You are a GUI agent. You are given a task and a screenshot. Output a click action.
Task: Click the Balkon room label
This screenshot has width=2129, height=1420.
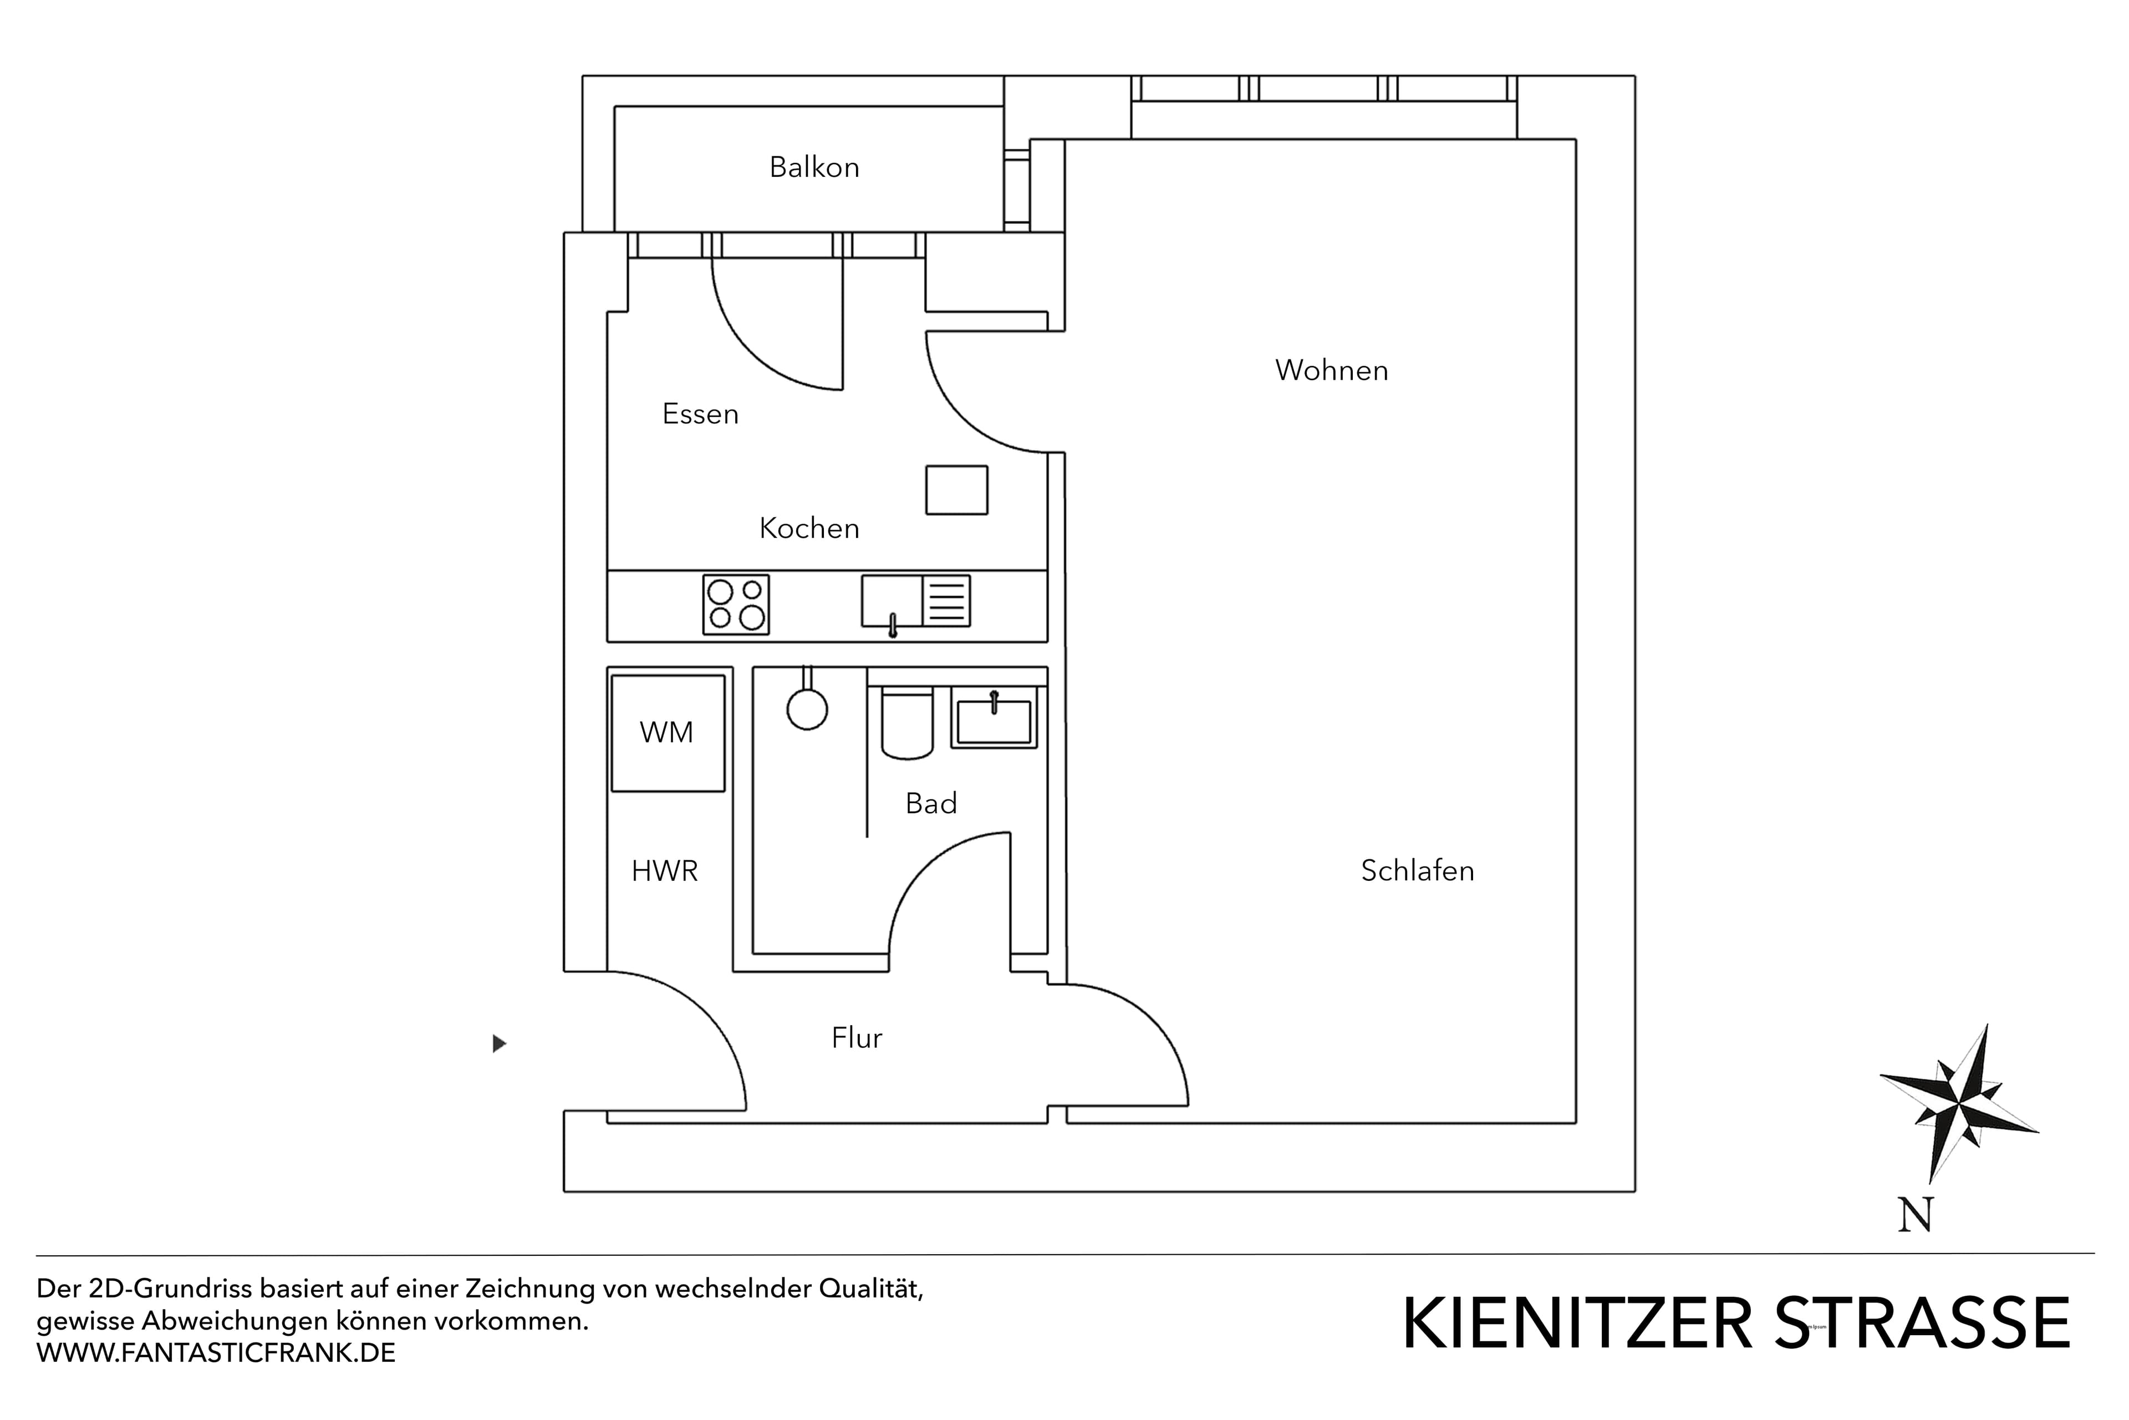coord(814,168)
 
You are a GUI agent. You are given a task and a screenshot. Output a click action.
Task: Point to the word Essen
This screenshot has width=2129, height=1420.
coord(700,414)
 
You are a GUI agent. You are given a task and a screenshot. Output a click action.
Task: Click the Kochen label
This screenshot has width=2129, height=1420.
coord(808,528)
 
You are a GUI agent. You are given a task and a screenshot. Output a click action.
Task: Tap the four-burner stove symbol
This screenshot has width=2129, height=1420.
coord(736,604)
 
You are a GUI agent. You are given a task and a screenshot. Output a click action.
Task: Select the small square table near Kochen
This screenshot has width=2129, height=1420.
coord(956,490)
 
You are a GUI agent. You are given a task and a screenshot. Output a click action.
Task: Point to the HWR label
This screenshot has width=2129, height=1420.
coord(664,871)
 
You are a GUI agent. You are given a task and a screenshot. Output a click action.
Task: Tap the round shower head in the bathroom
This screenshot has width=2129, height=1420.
coord(807,709)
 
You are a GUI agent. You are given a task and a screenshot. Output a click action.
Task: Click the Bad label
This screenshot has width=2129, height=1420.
coord(930,803)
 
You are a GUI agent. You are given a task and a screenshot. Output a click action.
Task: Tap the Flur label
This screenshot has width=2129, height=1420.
coord(856,1038)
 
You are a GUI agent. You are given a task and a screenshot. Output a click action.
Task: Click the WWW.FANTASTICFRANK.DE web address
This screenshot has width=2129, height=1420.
coord(216,1353)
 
